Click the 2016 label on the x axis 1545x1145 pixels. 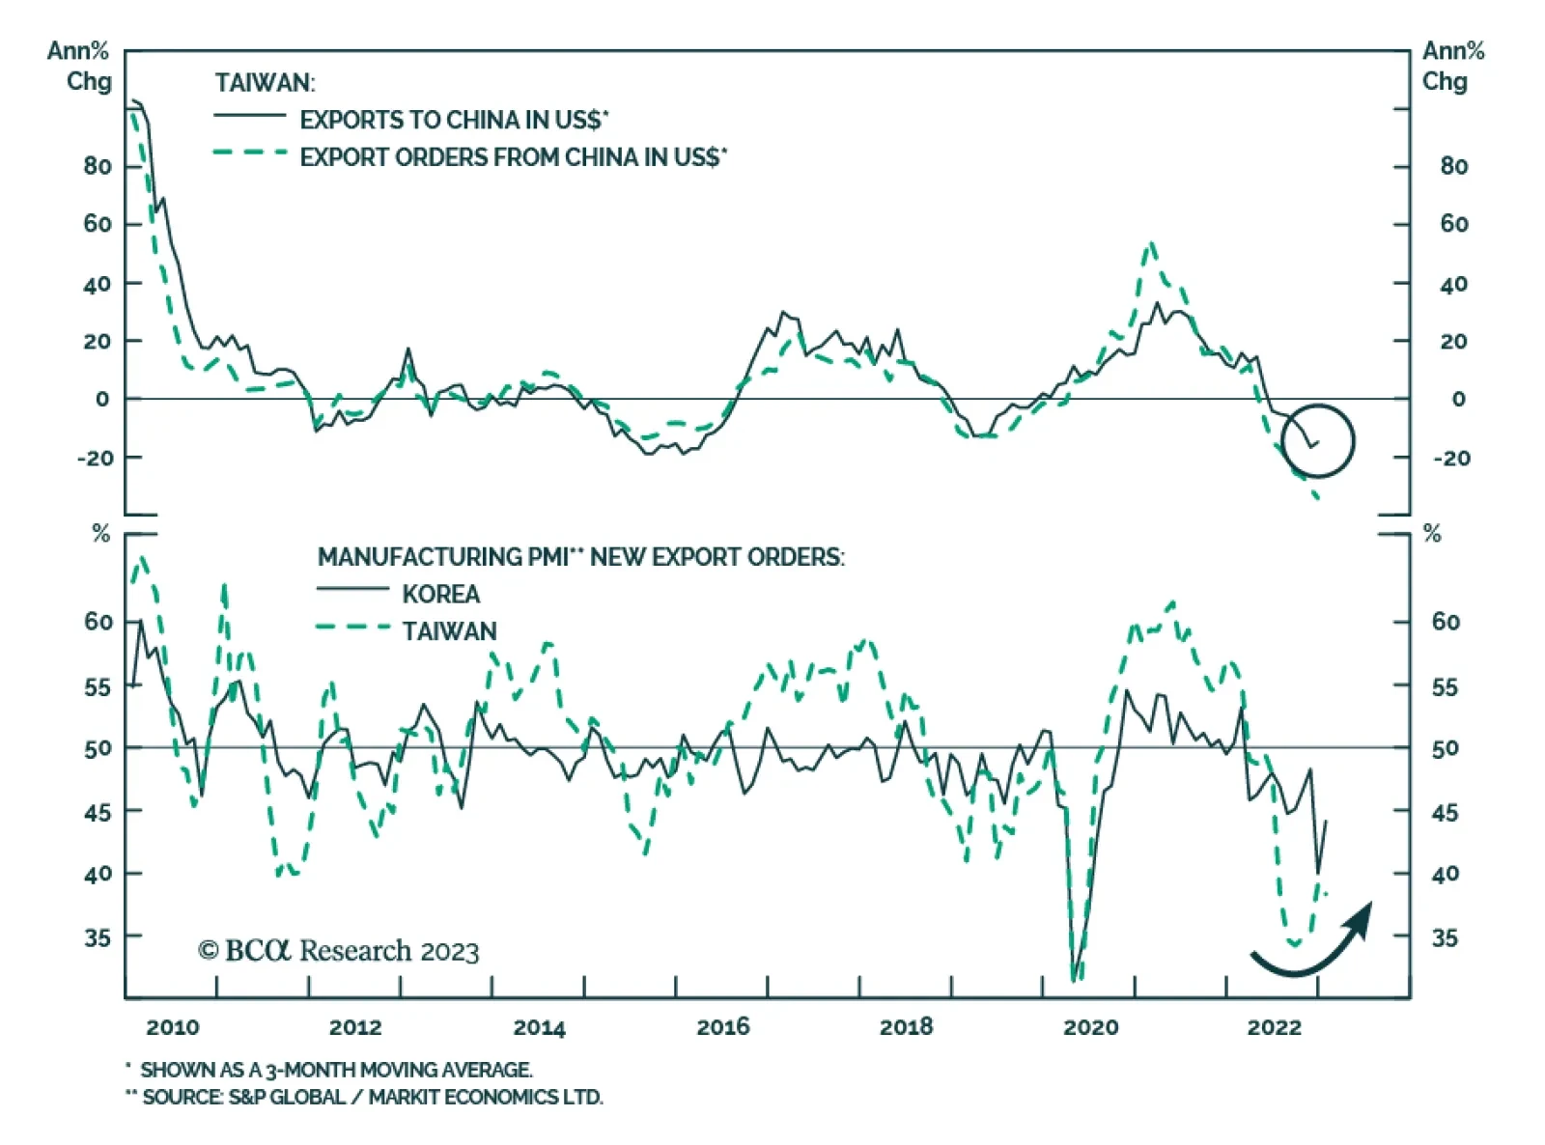722,1026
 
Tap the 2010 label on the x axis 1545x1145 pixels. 172,1026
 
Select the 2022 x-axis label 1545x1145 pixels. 1274,1026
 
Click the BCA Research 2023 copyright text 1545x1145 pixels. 338,951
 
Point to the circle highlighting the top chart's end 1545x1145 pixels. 1318,440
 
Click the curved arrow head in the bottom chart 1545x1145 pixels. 1361,917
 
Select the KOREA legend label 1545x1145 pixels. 440,594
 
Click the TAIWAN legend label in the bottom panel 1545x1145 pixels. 449,631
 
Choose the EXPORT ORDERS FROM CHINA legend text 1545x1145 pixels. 513,157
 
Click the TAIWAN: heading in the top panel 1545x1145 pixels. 265,83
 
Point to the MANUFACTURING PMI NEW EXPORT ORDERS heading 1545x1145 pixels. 580,557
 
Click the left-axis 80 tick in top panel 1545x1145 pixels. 97,166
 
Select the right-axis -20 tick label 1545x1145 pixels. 1449,458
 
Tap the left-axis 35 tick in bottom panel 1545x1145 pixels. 97,937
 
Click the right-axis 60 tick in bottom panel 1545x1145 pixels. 1445,622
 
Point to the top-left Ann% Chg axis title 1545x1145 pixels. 79,66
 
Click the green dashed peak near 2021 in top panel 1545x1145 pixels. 1150,245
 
